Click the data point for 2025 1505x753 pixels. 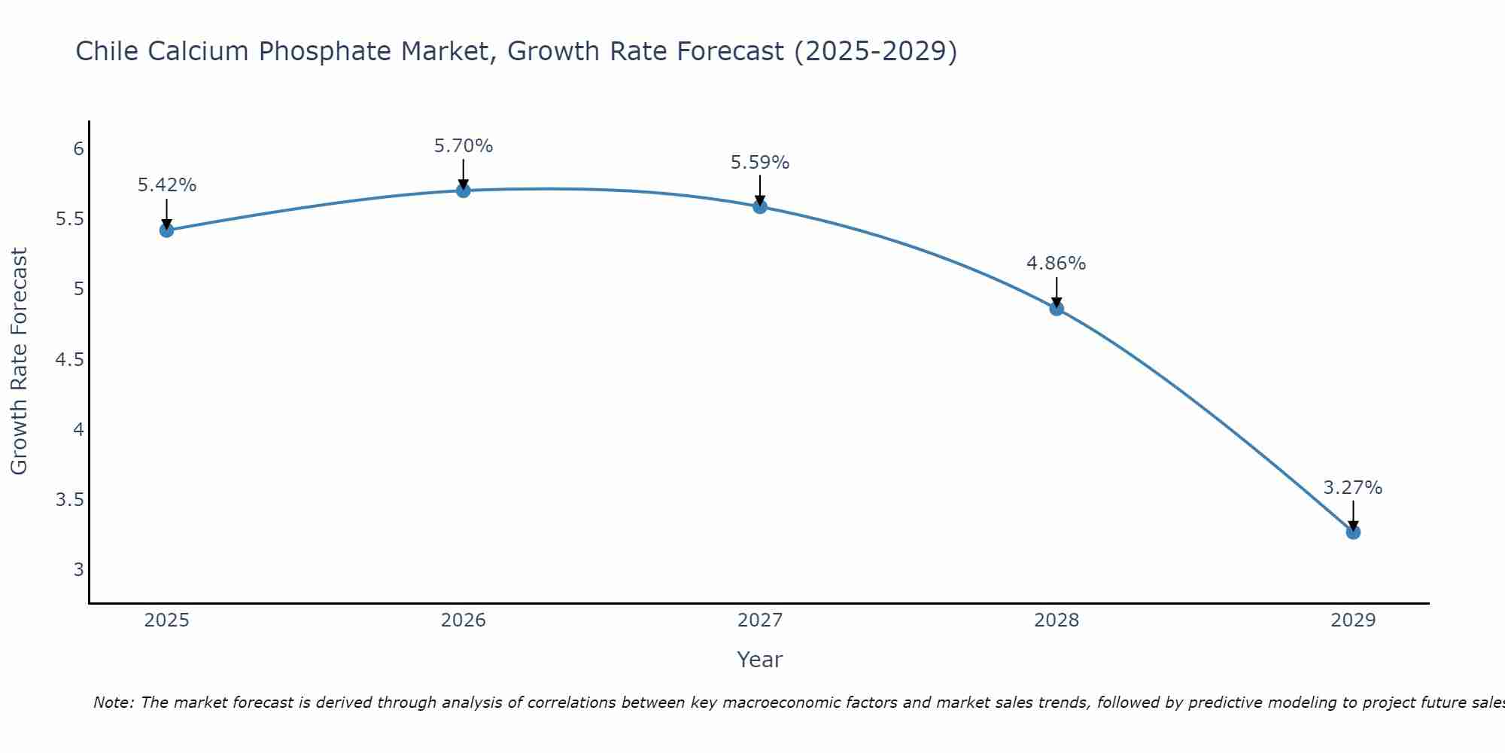[166, 230]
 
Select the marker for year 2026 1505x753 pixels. [464, 191]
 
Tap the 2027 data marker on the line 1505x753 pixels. [760, 206]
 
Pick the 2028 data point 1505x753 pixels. [1057, 308]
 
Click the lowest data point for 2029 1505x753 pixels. [1353, 532]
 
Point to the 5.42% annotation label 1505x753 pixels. [166, 185]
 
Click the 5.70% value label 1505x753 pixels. [464, 146]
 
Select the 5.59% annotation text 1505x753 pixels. [760, 163]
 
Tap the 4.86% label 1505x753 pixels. [1057, 264]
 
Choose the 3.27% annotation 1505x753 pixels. [1353, 488]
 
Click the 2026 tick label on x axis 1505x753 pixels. [464, 620]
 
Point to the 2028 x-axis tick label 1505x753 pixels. [1057, 620]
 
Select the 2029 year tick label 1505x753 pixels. [1353, 620]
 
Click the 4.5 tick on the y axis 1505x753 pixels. [69, 360]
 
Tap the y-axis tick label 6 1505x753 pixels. [78, 149]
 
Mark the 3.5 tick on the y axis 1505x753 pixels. [69, 500]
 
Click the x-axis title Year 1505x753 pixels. [760, 660]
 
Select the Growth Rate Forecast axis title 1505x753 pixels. [19, 361]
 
